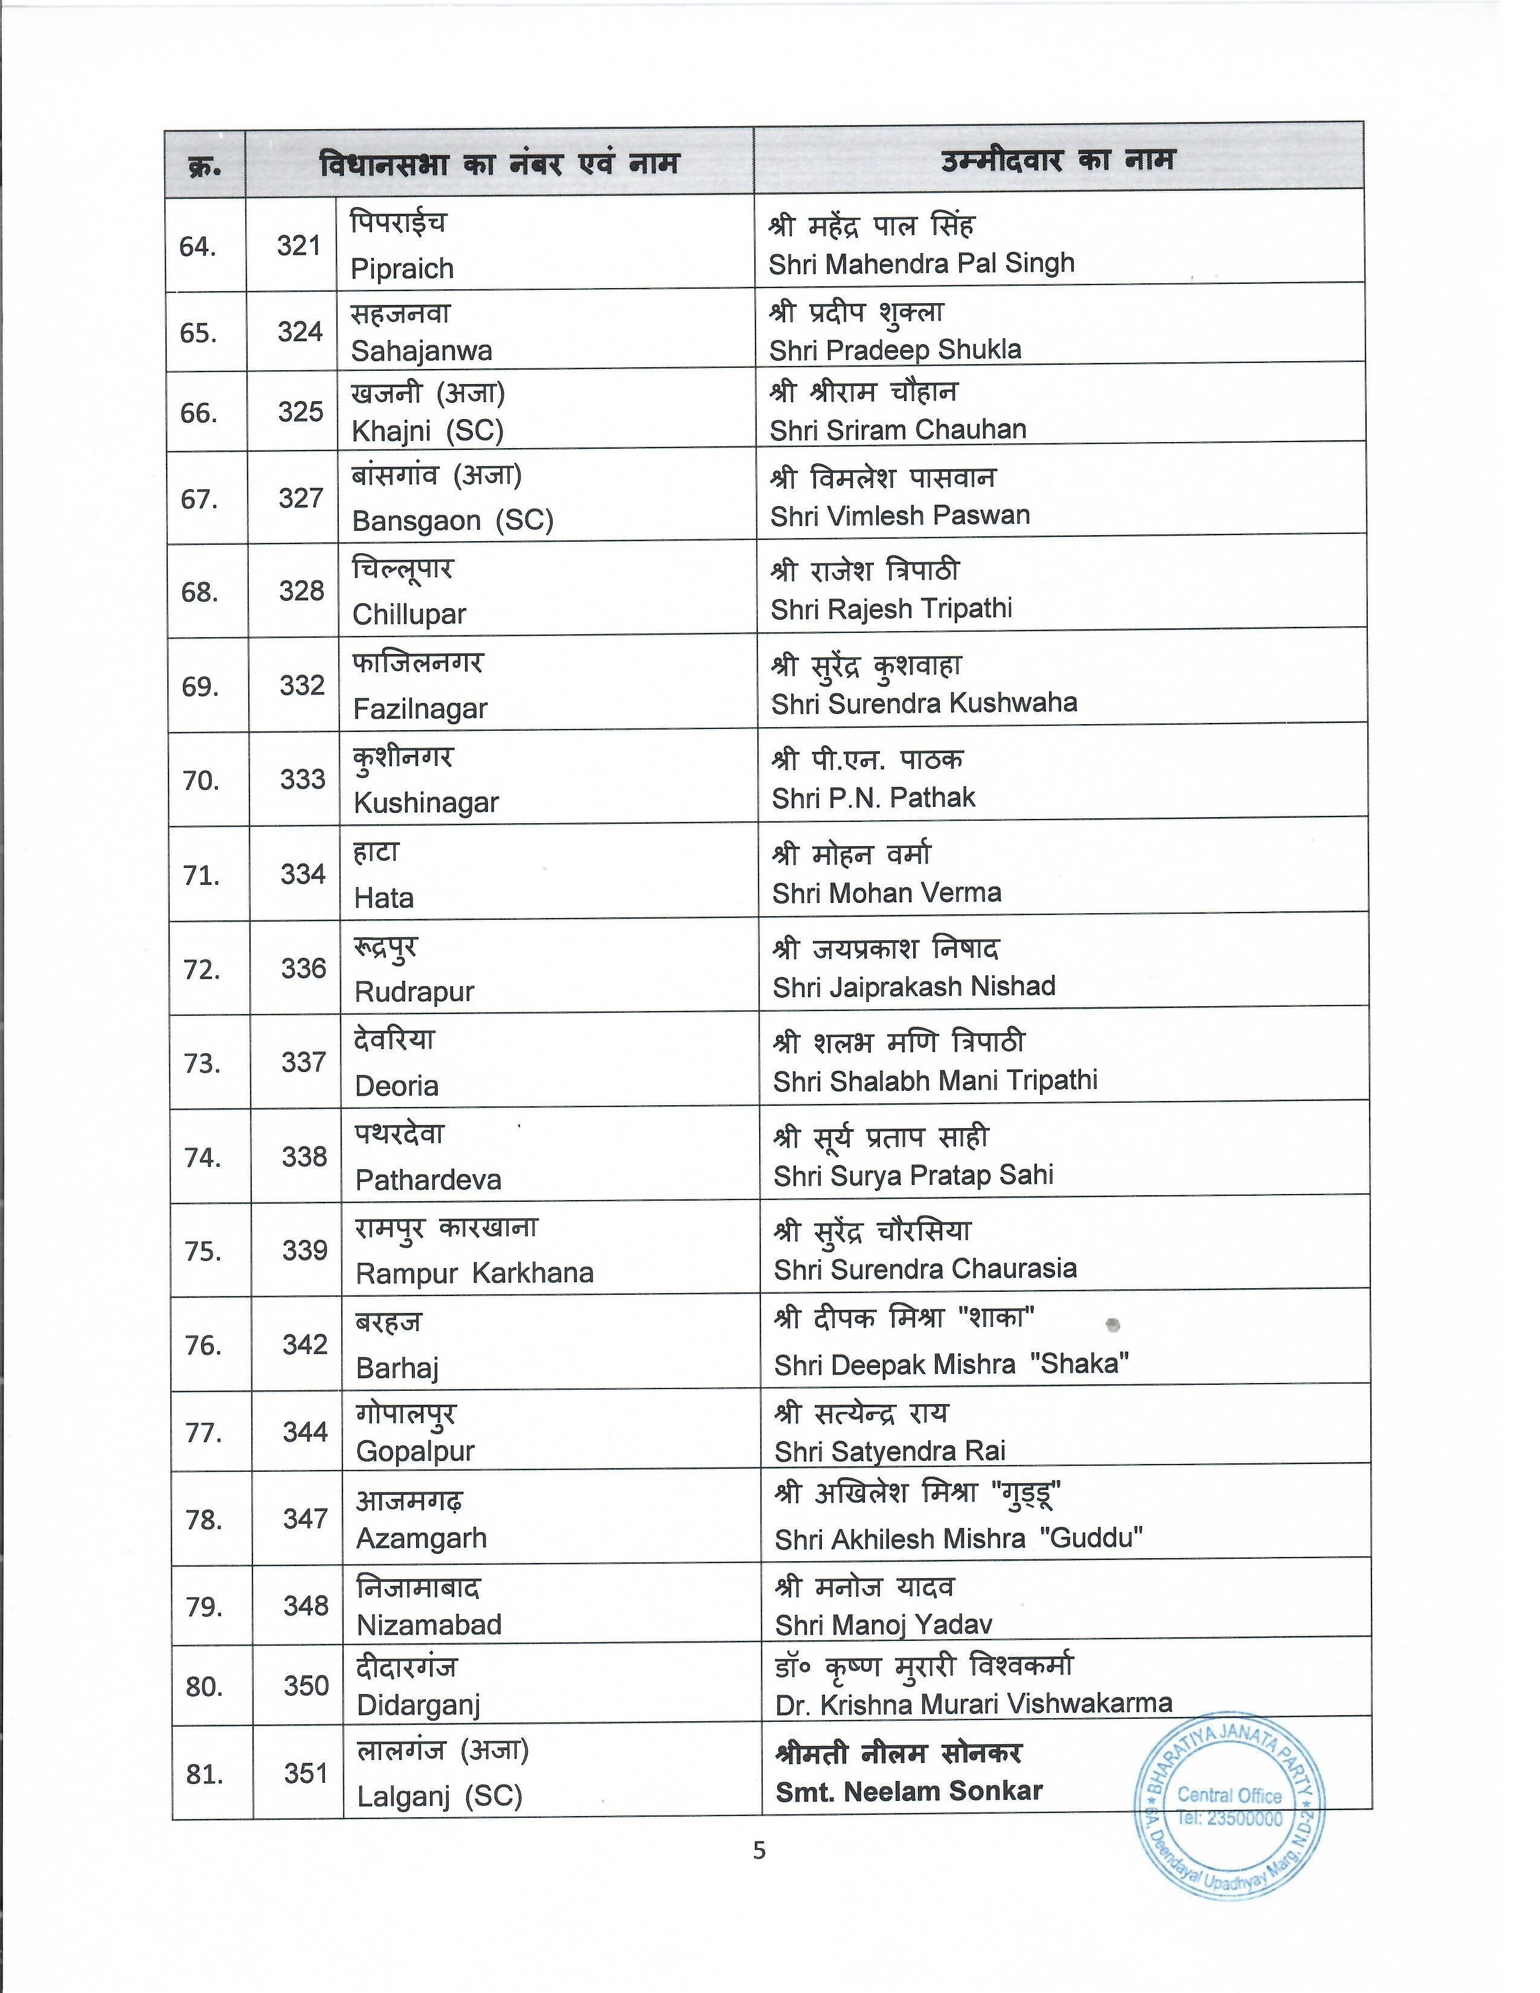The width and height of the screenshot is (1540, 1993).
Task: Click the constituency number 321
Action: (298, 245)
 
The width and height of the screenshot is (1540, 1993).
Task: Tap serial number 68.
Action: (200, 592)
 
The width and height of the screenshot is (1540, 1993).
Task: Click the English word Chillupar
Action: (409, 614)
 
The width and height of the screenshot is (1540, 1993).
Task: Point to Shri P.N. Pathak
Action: (873, 798)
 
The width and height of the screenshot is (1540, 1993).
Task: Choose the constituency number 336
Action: (303, 968)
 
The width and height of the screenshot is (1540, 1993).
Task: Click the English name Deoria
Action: (397, 1086)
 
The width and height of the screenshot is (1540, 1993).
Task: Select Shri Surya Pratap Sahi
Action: (913, 1175)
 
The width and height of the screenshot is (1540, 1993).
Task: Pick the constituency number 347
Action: (305, 1518)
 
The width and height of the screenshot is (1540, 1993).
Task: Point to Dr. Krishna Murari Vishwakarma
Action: (974, 1704)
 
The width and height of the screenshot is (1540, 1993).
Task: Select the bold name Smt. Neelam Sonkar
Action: (909, 1791)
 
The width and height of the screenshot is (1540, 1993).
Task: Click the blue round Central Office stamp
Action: (1230, 1807)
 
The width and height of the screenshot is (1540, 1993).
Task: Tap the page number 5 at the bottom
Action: (760, 1850)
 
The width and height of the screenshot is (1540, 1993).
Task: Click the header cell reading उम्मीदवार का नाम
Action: (1057, 161)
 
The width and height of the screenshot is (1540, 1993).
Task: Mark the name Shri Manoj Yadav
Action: (883, 1625)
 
